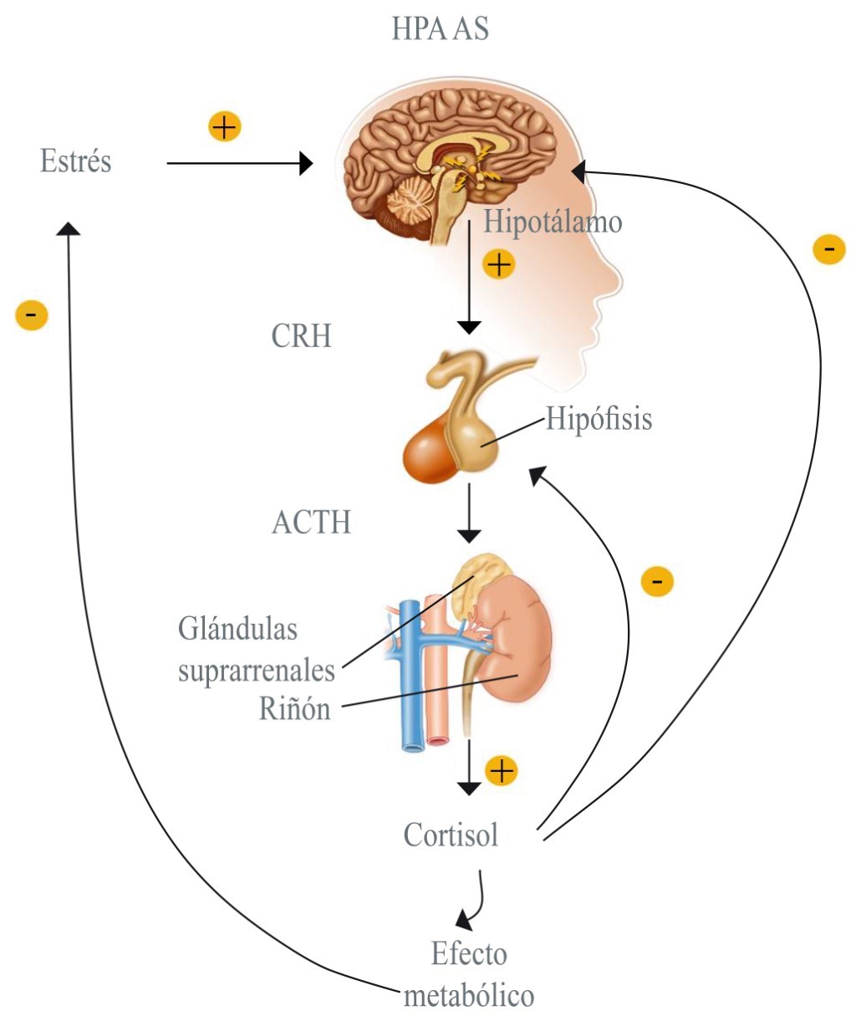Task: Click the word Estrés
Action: click(x=75, y=161)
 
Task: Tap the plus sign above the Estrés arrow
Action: click(x=224, y=127)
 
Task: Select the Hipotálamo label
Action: click(x=553, y=222)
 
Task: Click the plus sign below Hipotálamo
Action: click(x=499, y=265)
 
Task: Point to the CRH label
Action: click(x=301, y=336)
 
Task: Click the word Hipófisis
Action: click(x=599, y=418)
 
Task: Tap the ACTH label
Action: click(x=311, y=523)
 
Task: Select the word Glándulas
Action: click(x=237, y=629)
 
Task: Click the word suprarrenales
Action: click(x=256, y=670)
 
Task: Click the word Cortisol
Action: click(x=451, y=835)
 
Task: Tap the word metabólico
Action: click(x=468, y=996)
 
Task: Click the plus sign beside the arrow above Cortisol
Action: click(x=501, y=770)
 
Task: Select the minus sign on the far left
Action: click(x=32, y=316)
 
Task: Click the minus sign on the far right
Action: click(x=829, y=249)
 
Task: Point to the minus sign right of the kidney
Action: click(x=657, y=581)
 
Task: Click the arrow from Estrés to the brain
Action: click(x=238, y=163)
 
